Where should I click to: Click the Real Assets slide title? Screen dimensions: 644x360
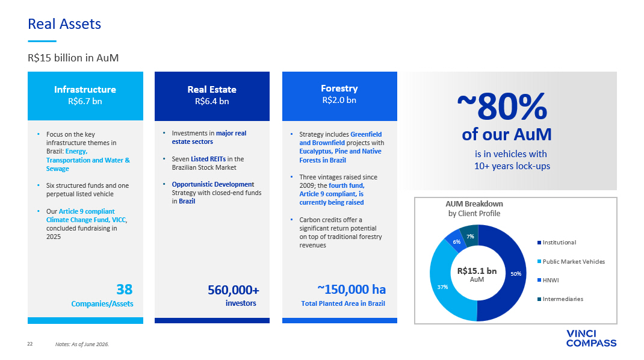click(x=64, y=24)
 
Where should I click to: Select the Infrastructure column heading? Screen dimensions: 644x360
click(x=85, y=89)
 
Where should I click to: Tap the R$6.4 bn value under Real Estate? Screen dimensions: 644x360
click(x=212, y=101)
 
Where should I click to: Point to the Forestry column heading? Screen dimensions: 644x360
click(x=339, y=88)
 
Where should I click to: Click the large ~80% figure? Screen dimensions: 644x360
click(x=502, y=107)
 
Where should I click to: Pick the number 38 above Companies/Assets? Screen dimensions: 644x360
click(x=125, y=290)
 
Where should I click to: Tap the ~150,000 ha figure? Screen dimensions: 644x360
click(x=351, y=290)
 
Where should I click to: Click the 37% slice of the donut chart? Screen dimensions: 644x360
click(x=442, y=287)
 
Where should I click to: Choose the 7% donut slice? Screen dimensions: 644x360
click(x=469, y=235)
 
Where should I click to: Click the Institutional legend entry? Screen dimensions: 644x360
click(x=557, y=243)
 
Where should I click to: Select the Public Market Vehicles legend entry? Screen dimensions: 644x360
click(x=571, y=261)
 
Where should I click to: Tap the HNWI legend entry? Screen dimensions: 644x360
click(x=548, y=281)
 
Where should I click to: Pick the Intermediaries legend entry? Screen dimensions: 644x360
click(x=560, y=299)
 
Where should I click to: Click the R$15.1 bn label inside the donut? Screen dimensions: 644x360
click(x=477, y=271)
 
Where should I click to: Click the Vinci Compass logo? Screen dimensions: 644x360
click(x=591, y=338)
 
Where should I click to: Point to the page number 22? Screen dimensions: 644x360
click(x=30, y=344)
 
